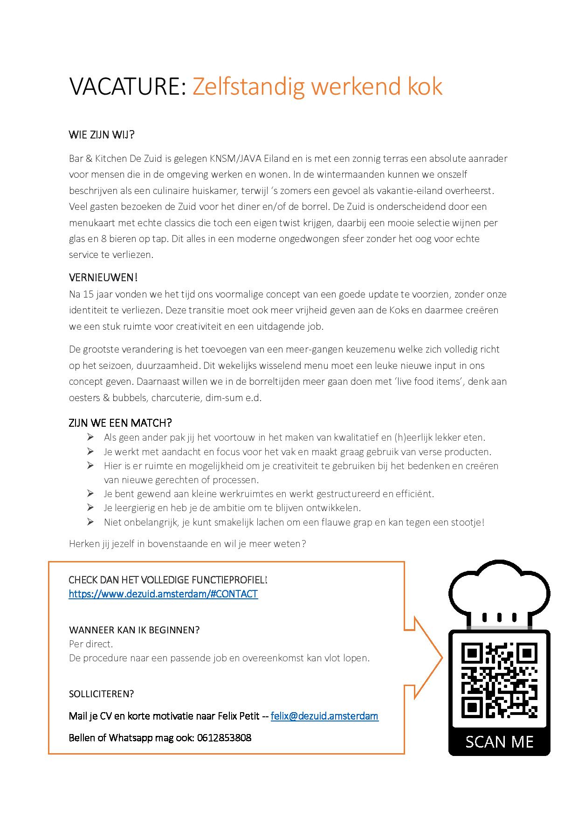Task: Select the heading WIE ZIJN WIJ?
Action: click(x=102, y=135)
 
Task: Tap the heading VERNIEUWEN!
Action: click(x=103, y=277)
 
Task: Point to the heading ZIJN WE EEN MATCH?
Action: click(x=120, y=423)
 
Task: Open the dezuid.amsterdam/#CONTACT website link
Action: click(x=163, y=594)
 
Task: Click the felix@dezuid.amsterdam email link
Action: click(x=324, y=716)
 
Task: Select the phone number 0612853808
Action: click(x=224, y=737)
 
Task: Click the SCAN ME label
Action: click(x=499, y=742)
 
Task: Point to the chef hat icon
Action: click(x=499, y=592)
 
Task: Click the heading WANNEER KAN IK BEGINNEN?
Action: click(x=134, y=630)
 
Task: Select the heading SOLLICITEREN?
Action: click(x=101, y=693)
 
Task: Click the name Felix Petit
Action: click(x=238, y=716)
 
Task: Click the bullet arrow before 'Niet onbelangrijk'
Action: click(x=90, y=522)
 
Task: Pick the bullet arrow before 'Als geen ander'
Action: click(x=90, y=437)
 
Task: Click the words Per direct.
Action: click(x=91, y=644)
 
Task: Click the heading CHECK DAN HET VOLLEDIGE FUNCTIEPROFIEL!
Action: click(x=168, y=580)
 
